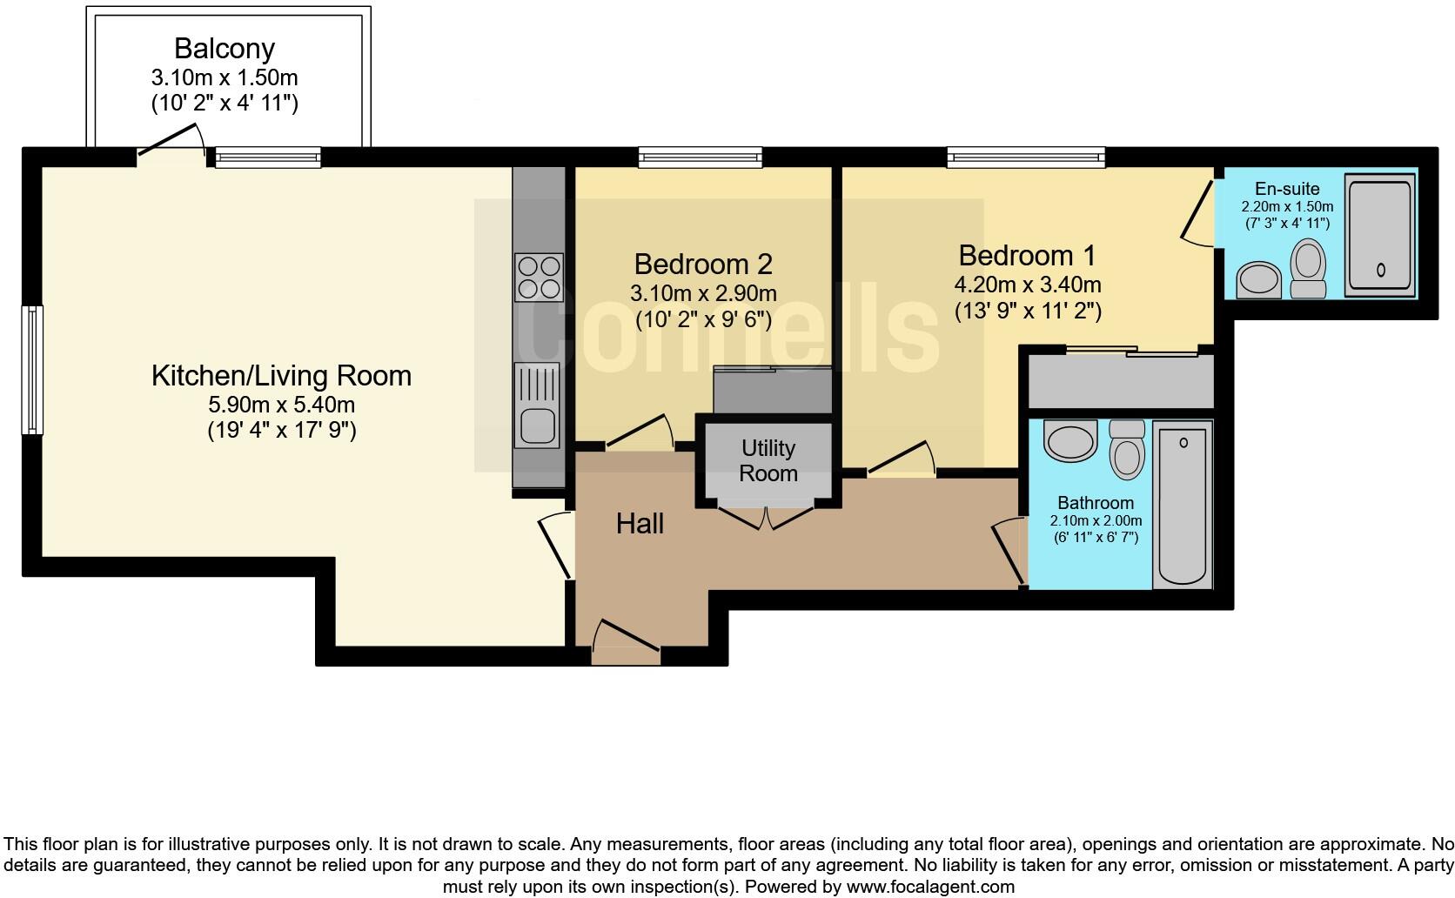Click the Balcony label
(x=225, y=48)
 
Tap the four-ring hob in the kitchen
(x=539, y=277)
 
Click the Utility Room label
(x=768, y=460)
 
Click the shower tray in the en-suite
(x=1379, y=234)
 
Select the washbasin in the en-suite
(x=1257, y=279)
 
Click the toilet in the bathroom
(x=1127, y=449)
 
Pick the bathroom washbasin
(x=1070, y=440)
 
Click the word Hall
(x=640, y=524)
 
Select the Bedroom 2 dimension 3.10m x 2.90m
(x=703, y=293)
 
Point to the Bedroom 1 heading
(x=1027, y=256)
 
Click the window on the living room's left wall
(x=32, y=369)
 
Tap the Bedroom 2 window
(x=700, y=157)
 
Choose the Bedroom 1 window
(x=1026, y=157)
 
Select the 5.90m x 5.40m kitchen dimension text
(x=281, y=405)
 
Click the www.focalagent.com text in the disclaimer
(x=929, y=887)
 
